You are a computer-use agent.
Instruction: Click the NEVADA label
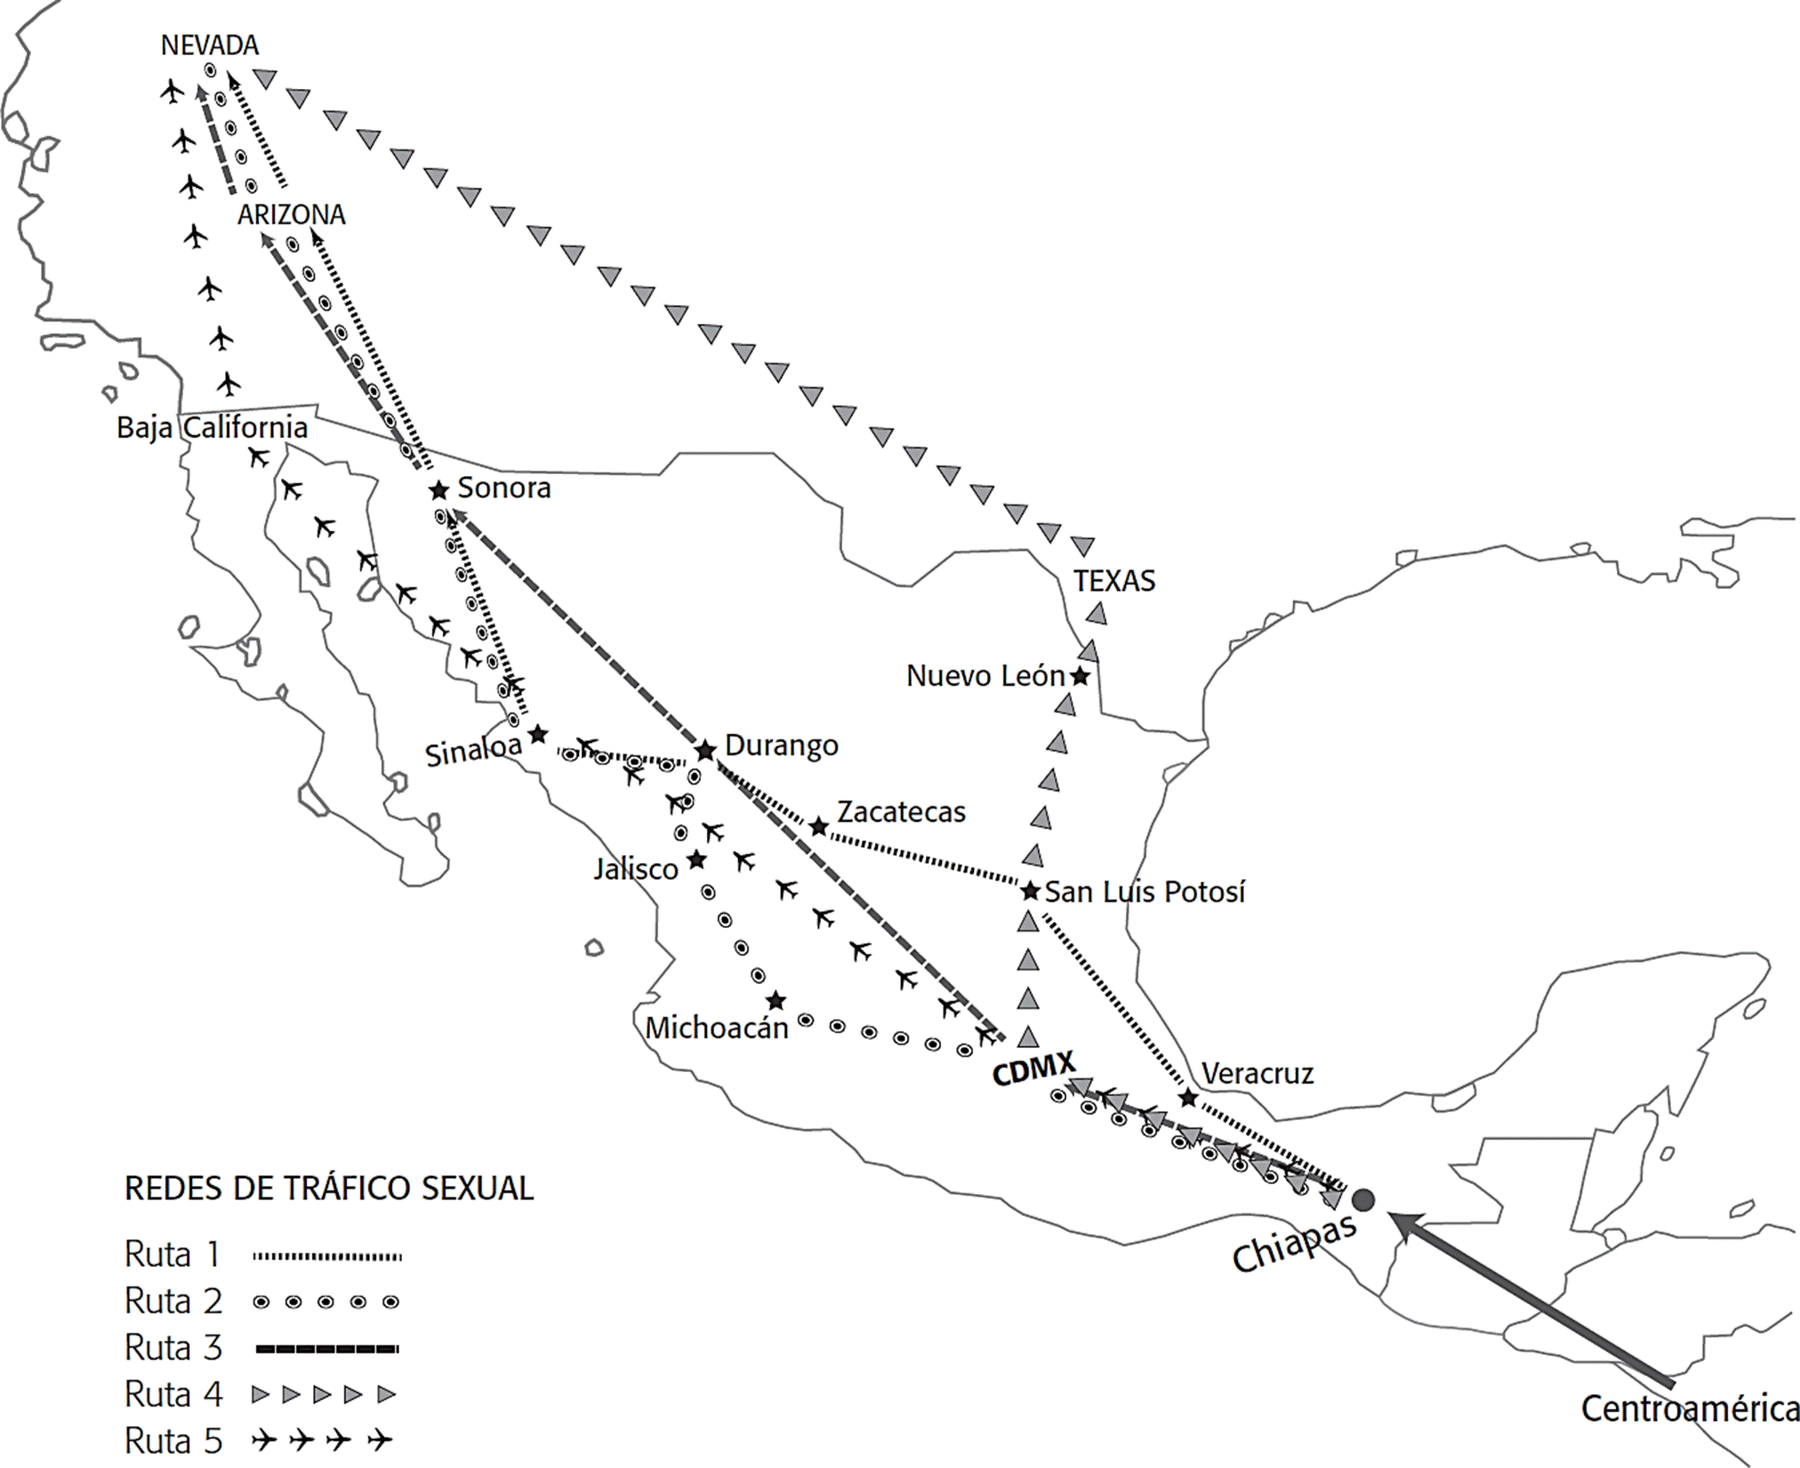pyautogui.click(x=210, y=44)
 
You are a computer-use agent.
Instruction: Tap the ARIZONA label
pyautogui.click(x=292, y=214)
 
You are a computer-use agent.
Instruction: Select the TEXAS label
pyautogui.click(x=1114, y=581)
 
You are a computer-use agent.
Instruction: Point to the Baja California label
pyautogui.click(x=213, y=428)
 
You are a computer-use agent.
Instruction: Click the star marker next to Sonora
pyautogui.click(x=438, y=490)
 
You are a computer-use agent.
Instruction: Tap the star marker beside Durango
pyautogui.click(x=705, y=751)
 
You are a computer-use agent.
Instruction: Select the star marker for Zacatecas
pyautogui.click(x=819, y=827)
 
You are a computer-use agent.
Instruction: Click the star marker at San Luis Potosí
pyautogui.click(x=1030, y=891)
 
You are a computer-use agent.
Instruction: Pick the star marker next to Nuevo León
pyautogui.click(x=1080, y=676)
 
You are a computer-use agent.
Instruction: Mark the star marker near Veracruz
pyautogui.click(x=1187, y=1098)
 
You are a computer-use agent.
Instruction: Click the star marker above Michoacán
pyautogui.click(x=775, y=1001)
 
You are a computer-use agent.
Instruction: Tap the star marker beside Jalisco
pyautogui.click(x=696, y=860)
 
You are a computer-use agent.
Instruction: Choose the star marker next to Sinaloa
pyautogui.click(x=537, y=735)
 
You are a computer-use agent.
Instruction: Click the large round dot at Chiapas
pyautogui.click(x=1362, y=1200)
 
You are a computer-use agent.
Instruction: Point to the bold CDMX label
pyautogui.click(x=1033, y=1068)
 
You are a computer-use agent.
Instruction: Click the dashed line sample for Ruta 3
pyautogui.click(x=326, y=1349)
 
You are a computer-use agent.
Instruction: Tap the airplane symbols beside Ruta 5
pyautogui.click(x=322, y=1440)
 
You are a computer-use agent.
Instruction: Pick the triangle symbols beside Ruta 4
pyautogui.click(x=324, y=1394)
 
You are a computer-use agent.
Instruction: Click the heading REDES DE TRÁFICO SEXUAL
pyautogui.click(x=329, y=1189)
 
